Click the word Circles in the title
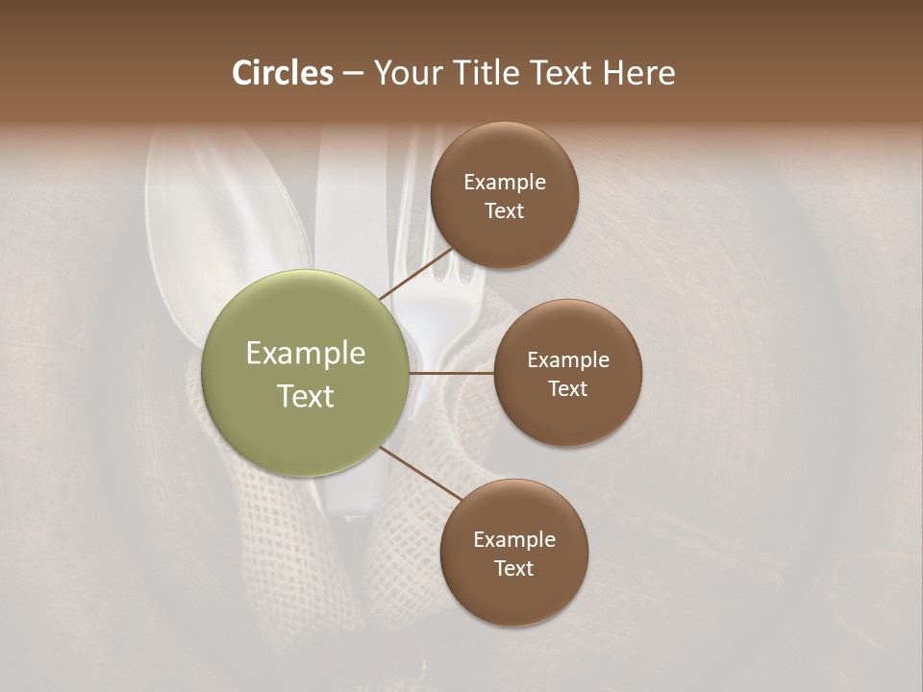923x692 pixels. pos(283,73)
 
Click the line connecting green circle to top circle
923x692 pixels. pos(417,274)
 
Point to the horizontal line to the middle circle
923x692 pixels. pos(452,373)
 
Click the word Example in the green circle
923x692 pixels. pos(306,354)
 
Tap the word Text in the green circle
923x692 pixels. pos(306,396)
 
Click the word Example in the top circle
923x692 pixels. pos(505,183)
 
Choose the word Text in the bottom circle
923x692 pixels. pos(513,569)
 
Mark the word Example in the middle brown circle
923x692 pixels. pos(568,360)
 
